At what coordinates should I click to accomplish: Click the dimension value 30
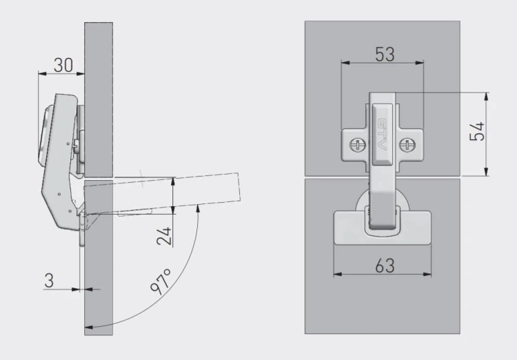click(63, 65)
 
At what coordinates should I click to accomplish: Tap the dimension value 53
click(385, 54)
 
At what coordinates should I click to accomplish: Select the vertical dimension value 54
click(477, 131)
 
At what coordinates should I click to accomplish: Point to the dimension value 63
click(385, 266)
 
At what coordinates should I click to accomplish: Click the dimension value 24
click(164, 236)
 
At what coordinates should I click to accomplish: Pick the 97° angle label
click(161, 281)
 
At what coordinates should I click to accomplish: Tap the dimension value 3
click(49, 281)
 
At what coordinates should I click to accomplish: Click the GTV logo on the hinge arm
click(381, 134)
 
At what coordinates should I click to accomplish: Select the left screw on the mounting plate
click(357, 145)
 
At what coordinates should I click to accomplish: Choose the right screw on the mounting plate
click(407, 145)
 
